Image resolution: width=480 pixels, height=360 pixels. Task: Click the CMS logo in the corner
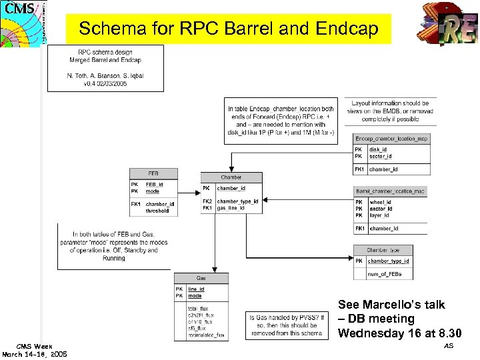[x=21, y=22]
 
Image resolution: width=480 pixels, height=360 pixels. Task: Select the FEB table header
[x=153, y=173]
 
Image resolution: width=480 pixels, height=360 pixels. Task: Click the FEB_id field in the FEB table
[x=154, y=185]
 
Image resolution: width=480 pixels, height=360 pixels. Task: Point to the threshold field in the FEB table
[x=157, y=211]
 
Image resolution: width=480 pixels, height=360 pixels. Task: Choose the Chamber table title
[x=231, y=177]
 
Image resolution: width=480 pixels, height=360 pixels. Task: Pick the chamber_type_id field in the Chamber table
[x=237, y=201]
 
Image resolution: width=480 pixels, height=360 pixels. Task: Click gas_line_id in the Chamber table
[x=231, y=208]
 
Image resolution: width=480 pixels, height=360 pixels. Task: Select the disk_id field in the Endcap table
[x=378, y=150]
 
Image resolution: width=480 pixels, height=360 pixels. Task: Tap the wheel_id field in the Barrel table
[x=381, y=202]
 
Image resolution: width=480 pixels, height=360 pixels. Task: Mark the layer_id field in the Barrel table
[x=380, y=215]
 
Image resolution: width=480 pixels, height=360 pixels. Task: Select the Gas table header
[x=201, y=278]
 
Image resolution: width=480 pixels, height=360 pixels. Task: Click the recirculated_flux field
[x=206, y=335]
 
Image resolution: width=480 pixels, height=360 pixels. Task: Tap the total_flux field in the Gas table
[x=199, y=308]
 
